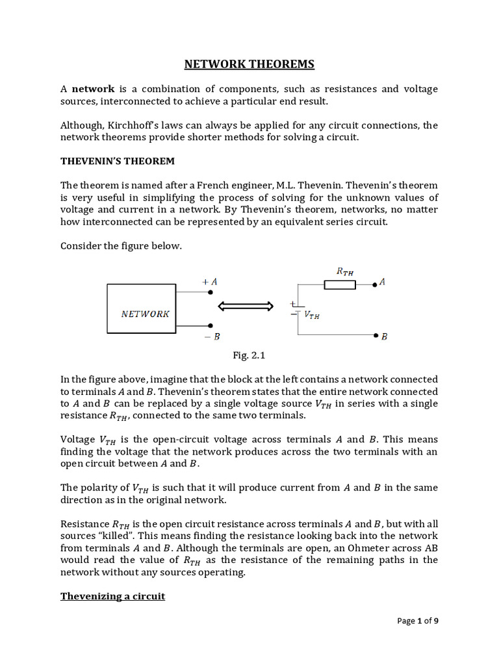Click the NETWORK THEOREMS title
(249, 64)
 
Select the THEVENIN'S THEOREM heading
(117, 160)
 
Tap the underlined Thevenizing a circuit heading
(112, 596)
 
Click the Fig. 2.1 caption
(249, 355)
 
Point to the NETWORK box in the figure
(142, 308)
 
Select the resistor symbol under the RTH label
(339, 284)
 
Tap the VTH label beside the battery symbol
(312, 315)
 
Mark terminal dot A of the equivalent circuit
(374, 284)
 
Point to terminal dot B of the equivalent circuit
(376, 336)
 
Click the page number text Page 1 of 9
(418, 621)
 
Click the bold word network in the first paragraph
(93, 89)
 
